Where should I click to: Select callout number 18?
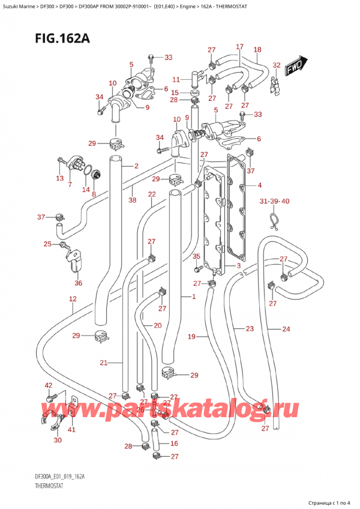coord(257,50)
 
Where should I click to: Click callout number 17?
coord(239,46)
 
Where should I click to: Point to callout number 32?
coord(276,65)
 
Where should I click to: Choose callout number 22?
coord(152,194)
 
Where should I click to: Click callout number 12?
coord(73,299)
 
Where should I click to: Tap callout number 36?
coord(78,283)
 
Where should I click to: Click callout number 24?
coord(286,328)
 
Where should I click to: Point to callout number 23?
coord(249,328)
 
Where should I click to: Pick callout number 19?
coord(192,337)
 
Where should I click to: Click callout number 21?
coord(104,363)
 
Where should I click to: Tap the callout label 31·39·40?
coord(274,201)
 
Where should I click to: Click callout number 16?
coord(174,444)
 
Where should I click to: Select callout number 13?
coord(59,178)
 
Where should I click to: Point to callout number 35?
coord(196,257)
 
